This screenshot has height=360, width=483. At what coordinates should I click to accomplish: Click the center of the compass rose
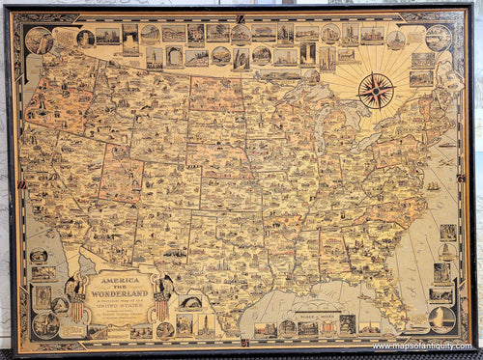(376, 91)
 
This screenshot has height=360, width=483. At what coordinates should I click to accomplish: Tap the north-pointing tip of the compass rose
(376, 72)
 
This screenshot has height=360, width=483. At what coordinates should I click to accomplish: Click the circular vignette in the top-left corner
(40, 41)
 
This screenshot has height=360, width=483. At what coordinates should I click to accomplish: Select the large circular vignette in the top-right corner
(438, 38)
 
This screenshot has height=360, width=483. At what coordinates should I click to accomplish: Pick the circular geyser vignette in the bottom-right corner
(441, 319)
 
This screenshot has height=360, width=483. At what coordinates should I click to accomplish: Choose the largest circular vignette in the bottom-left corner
(44, 323)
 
